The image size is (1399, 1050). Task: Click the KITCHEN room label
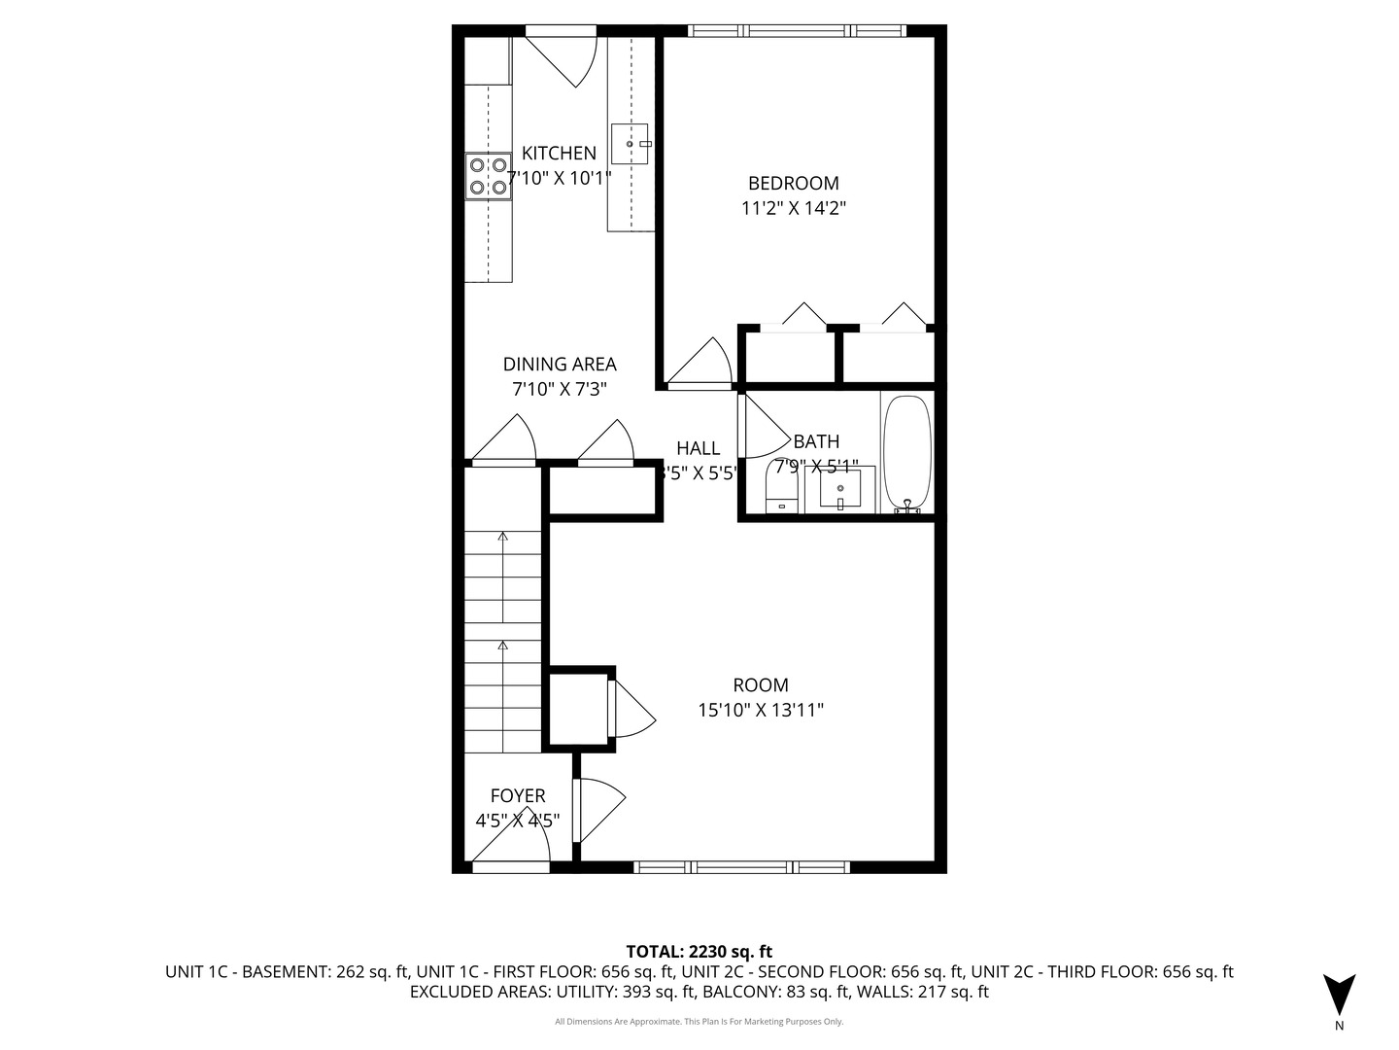click(x=559, y=153)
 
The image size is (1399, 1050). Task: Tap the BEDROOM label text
click(x=793, y=183)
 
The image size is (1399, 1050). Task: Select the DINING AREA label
click(x=559, y=365)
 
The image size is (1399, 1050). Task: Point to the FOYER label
click(x=517, y=795)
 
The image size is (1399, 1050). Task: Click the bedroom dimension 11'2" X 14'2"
click(x=793, y=208)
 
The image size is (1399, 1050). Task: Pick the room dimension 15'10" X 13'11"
click(x=760, y=711)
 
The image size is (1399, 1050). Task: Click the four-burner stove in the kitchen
click(x=488, y=176)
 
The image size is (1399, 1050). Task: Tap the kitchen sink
click(x=631, y=144)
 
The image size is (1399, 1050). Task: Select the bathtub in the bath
click(x=906, y=453)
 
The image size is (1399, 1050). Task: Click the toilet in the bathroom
click(x=781, y=489)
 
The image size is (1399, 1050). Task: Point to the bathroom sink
click(x=839, y=488)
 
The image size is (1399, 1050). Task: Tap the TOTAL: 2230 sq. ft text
click(x=699, y=951)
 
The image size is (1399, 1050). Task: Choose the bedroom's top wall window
click(x=797, y=31)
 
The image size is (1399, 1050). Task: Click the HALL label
click(x=698, y=448)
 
